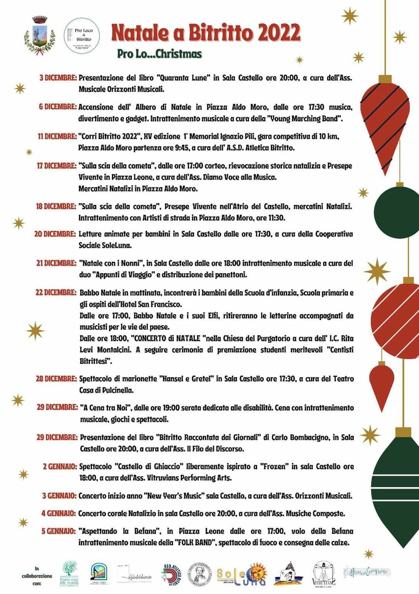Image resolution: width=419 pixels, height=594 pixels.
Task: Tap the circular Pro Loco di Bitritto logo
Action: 82,35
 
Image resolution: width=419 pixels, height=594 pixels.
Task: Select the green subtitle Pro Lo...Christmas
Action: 159,53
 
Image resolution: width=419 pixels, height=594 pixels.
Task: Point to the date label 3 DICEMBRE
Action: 58,78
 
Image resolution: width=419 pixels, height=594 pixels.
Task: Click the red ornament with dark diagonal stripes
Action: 385,124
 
